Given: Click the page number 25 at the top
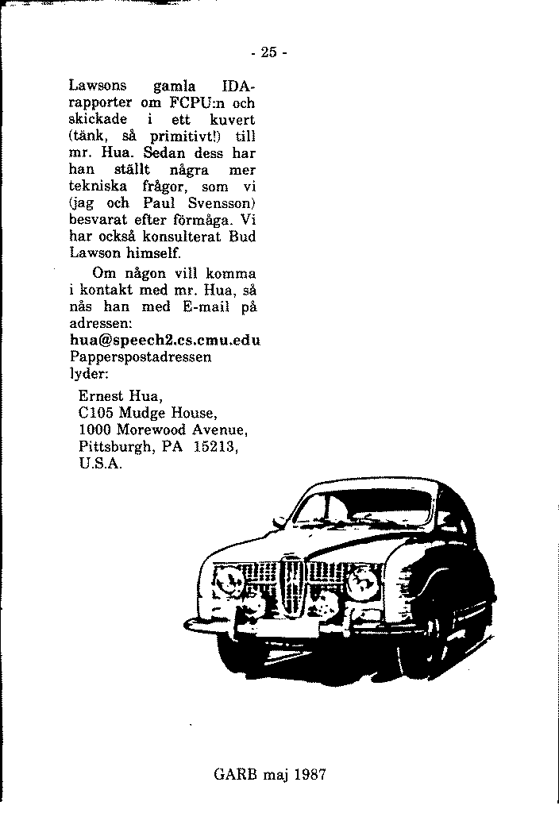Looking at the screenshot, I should (268, 53).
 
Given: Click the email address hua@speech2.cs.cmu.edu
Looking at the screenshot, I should (166, 341).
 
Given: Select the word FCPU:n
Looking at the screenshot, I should (196, 102).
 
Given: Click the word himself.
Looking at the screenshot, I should (156, 253).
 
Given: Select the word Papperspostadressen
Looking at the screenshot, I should (141, 357).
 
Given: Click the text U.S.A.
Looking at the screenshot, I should (101, 464).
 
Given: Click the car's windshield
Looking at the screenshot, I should (364, 511).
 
